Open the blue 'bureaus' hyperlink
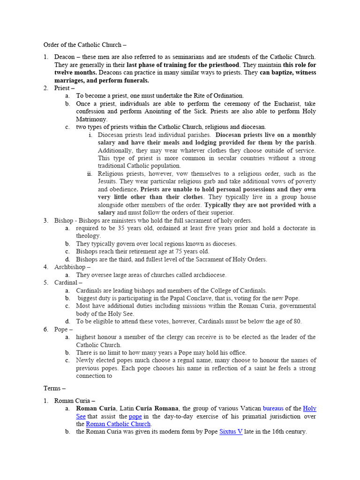(x=273, y=408)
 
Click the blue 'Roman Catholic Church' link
(x=118, y=424)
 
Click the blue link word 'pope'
(x=135, y=416)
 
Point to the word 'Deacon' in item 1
(x=65, y=57)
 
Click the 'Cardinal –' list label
(x=68, y=283)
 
